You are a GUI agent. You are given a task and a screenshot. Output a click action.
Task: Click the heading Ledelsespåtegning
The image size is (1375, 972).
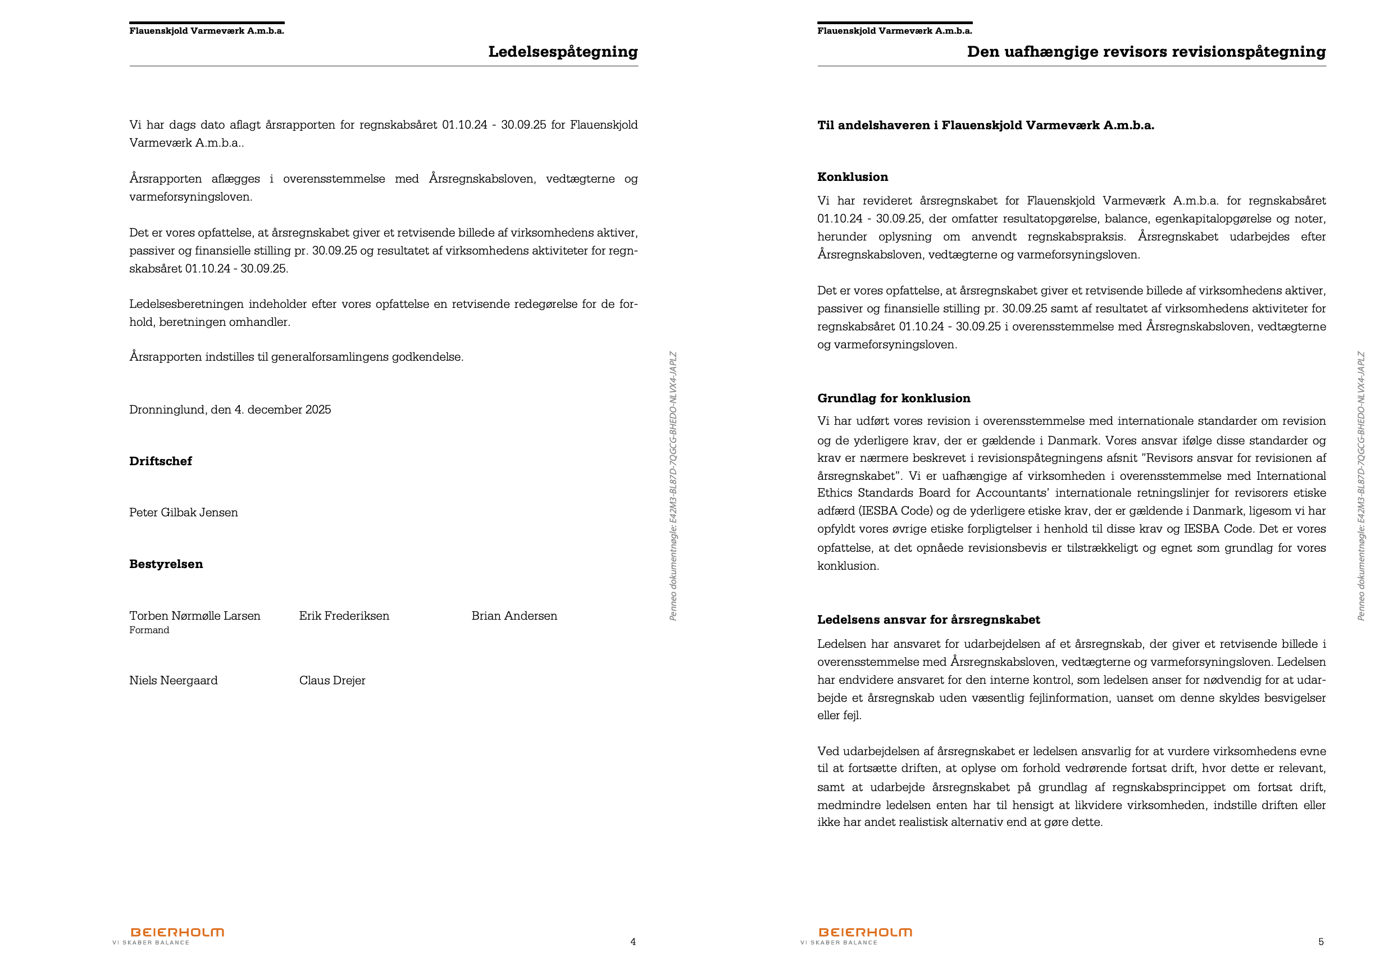point(562,52)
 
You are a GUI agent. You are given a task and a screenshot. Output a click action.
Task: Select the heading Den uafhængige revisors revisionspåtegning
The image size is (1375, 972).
point(1146,52)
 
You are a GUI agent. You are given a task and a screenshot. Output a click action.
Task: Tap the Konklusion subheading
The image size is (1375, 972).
point(852,176)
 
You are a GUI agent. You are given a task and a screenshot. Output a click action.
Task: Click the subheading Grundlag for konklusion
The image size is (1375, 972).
point(894,398)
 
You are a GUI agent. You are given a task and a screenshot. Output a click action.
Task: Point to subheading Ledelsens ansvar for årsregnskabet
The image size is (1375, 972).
point(928,620)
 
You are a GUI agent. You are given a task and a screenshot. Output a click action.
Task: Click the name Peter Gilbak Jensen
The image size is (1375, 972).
point(183,512)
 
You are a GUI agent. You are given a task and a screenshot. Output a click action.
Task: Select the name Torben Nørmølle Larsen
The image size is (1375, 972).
point(195,616)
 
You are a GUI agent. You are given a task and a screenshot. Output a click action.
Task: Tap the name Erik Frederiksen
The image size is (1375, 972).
point(344,616)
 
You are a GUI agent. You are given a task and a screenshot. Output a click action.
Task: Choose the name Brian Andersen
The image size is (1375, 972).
point(514,616)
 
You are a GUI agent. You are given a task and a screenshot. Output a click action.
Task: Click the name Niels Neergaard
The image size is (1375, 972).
point(173,680)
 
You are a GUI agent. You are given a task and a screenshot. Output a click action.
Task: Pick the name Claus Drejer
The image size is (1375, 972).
point(332,680)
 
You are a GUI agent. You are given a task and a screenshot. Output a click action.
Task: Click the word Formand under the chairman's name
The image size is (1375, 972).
point(149,630)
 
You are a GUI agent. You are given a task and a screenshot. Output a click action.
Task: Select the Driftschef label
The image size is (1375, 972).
point(161,461)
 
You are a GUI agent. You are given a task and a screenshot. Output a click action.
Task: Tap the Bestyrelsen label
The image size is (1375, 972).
point(166,564)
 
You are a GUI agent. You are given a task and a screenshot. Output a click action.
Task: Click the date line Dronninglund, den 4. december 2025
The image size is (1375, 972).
point(230,410)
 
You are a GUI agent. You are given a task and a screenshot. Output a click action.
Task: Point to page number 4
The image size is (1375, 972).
point(633,942)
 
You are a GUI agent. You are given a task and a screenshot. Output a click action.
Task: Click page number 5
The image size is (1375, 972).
point(1321,942)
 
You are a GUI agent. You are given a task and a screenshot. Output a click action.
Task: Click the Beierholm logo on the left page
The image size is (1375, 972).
point(177,933)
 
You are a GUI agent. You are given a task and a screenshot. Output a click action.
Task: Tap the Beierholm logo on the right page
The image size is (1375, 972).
point(865,933)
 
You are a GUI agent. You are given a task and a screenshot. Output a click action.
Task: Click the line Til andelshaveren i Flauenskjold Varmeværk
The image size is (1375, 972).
point(985,125)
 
